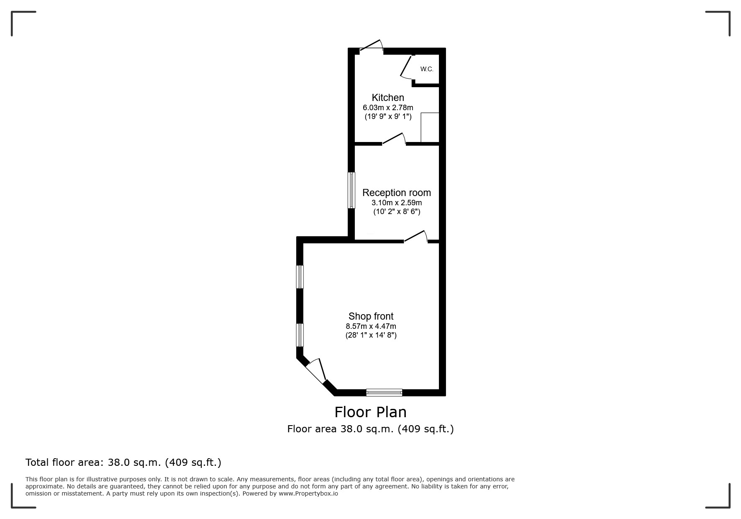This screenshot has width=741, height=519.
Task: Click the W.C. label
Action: coord(427,69)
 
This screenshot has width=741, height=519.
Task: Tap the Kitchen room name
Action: coord(388,98)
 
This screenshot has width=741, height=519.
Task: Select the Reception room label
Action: coord(396,193)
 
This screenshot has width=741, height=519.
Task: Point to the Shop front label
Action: coord(371,316)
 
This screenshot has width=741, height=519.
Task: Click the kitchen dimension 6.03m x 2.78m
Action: coord(388,108)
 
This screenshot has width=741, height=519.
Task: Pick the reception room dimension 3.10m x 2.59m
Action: coord(397,203)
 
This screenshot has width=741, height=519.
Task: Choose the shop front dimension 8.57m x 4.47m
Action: coord(371,326)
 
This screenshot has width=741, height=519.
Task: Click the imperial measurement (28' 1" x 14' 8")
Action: coord(371,335)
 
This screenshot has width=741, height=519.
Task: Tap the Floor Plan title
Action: coord(370,412)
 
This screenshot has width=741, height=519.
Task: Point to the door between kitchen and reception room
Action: coord(394,139)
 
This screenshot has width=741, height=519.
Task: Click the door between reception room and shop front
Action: coord(415,237)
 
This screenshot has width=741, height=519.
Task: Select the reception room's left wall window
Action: coord(352,190)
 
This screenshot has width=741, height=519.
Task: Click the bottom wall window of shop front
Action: coord(384,392)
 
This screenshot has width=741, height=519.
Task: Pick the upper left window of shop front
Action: coord(300,277)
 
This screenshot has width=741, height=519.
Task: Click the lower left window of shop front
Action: coord(300,335)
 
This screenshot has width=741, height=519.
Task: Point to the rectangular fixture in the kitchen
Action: coord(430,127)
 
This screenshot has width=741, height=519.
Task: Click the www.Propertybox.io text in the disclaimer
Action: coord(308,493)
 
